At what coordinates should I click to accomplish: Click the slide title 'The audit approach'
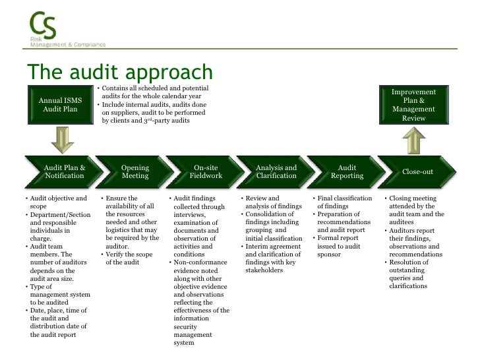[119, 73]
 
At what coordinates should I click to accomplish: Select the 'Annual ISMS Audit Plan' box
[60, 105]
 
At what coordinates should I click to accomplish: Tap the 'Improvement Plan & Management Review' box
[413, 105]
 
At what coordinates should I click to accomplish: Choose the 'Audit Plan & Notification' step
[64, 172]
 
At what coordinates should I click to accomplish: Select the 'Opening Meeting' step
[135, 172]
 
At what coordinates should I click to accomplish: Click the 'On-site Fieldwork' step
[206, 172]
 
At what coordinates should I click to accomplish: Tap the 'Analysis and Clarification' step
[276, 172]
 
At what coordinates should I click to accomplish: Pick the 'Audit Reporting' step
[347, 172]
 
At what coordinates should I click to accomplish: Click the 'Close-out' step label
[417, 172]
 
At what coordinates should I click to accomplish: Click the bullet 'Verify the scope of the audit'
[129, 258]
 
